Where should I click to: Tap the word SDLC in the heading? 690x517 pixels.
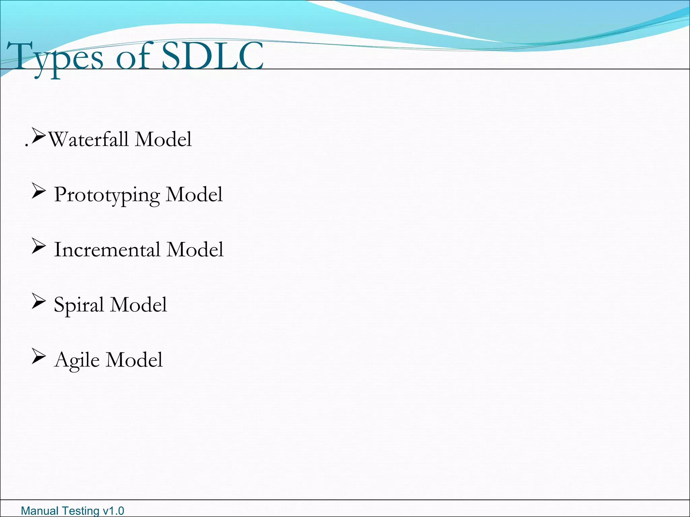pyautogui.click(x=212, y=56)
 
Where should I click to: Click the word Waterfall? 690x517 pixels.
pyautogui.click(x=88, y=139)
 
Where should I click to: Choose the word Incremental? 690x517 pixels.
pyautogui.click(x=107, y=250)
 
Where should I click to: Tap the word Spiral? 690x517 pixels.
pyautogui.click(x=79, y=305)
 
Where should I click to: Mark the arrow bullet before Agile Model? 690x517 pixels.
pyautogui.click(x=38, y=356)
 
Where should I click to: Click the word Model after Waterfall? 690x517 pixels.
pyautogui.click(x=163, y=139)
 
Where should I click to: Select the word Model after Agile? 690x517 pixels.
pyautogui.click(x=134, y=360)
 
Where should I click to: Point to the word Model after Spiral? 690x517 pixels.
pyautogui.click(x=138, y=305)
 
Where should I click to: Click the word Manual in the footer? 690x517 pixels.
pyautogui.click(x=37, y=511)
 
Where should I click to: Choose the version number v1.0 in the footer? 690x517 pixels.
pyautogui.click(x=113, y=511)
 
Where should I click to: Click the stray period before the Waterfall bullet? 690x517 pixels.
pyautogui.click(x=27, y=146)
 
